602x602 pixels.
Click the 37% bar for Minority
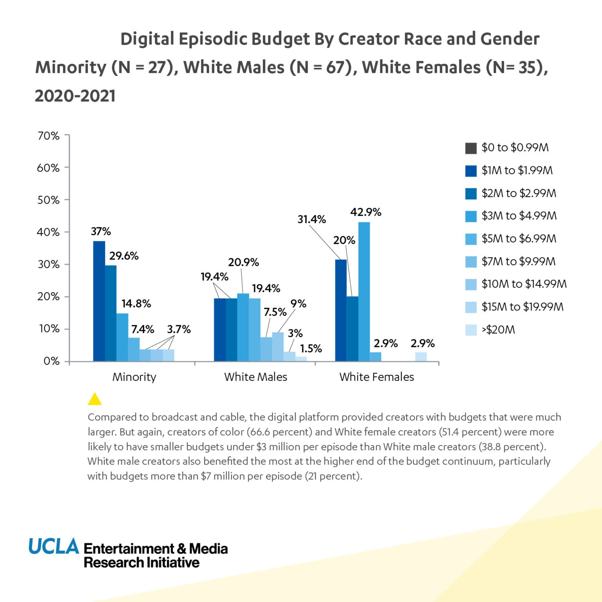99,301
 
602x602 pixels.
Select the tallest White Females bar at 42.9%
364,292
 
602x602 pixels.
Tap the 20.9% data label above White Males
243,262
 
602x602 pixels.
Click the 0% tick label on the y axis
52,361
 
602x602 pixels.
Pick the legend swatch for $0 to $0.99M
471,148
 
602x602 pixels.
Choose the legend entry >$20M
498,330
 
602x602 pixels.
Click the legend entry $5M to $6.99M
519,239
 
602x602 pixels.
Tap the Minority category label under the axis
134,377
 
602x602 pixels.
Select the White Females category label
377,377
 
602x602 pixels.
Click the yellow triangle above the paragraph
95,400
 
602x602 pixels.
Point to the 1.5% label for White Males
311,349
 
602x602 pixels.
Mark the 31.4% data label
312,219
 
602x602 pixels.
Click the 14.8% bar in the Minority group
122,337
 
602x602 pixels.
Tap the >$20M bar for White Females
421,356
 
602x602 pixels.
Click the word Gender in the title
510,39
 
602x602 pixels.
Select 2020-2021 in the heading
75,96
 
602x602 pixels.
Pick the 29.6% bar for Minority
111,314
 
